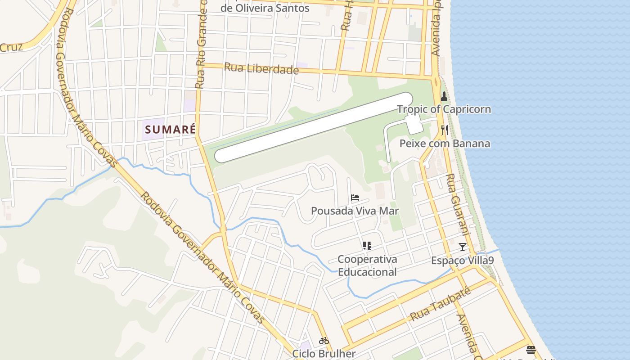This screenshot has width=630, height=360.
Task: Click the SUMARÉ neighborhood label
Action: click(171, 130)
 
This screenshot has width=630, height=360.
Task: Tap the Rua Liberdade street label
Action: click(261, 69)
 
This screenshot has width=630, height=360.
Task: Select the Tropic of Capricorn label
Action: click(444, 109)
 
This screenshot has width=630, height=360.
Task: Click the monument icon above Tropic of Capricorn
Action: click(444, 96)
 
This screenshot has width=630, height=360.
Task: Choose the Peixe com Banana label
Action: click(445, 144)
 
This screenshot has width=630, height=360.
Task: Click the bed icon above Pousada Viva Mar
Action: click(355, 198)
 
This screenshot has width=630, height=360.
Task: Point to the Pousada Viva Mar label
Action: click(355, 211)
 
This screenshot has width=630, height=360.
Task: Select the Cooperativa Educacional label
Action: click(367, 265)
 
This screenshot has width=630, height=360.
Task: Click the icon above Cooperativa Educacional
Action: click(367, 246)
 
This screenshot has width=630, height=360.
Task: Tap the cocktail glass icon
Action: click(462, 247)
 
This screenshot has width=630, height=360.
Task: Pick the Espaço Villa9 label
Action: click(462, 261)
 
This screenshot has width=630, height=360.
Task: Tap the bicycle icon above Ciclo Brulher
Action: click(324, 341)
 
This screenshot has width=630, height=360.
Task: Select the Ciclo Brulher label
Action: click(324, 354)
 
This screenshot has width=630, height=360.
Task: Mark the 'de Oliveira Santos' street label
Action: click(265, 8)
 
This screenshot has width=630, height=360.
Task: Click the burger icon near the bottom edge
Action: click(531, 350)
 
